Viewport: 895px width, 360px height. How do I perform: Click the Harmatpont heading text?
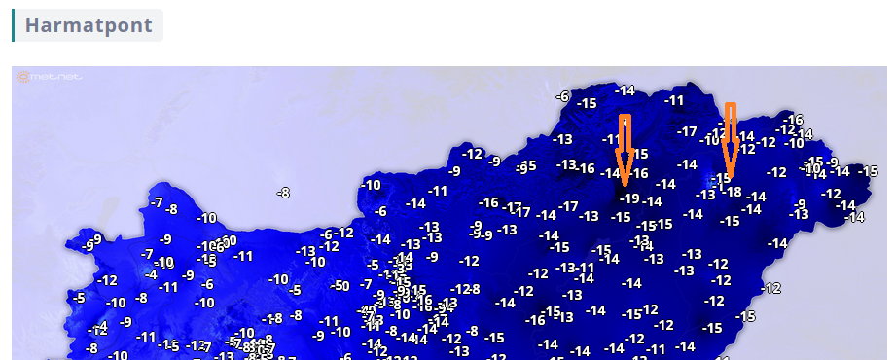tap(89, 25)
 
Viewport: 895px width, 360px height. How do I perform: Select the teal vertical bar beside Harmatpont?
tap(13, 25)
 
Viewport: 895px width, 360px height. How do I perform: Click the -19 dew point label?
tap(628, 199)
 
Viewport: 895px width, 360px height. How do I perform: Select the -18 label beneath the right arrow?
tap(732, 193)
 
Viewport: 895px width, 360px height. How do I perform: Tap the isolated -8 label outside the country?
tap(283, 193)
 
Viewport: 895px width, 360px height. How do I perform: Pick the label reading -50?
tap(339, 285)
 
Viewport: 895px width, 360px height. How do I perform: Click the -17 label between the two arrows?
tap(688, 131)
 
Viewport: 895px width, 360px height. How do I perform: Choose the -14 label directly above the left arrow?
tap(624, 90)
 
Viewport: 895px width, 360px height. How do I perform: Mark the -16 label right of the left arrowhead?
tap(638, 173)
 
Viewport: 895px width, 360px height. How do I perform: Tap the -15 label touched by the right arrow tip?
tap(721, 178)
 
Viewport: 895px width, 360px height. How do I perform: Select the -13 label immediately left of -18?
tap(705, 195)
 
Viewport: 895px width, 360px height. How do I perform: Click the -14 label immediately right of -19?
tap(652, 201)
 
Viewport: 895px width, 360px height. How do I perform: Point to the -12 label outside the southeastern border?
tap(771, 288)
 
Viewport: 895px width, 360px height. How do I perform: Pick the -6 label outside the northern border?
tap(562, 95)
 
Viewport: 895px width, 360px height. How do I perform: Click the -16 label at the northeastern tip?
tap(793, 119)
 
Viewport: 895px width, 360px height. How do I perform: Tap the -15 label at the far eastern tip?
tap(868, 171)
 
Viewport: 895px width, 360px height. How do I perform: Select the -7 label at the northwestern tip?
tap(157, 201)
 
